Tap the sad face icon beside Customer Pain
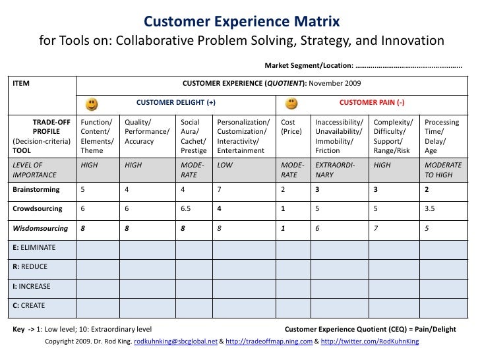point(291,104)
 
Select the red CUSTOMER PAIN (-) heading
point(372,104)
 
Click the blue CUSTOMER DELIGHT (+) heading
point(176,104)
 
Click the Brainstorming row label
point(36,190)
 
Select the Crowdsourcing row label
point(38,208)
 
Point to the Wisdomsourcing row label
point(40,228)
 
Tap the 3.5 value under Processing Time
point(430,208)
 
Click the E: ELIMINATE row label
point(35,247)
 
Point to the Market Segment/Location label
point(309,66)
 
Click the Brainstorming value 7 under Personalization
point(220,190)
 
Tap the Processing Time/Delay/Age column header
point(442,136)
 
